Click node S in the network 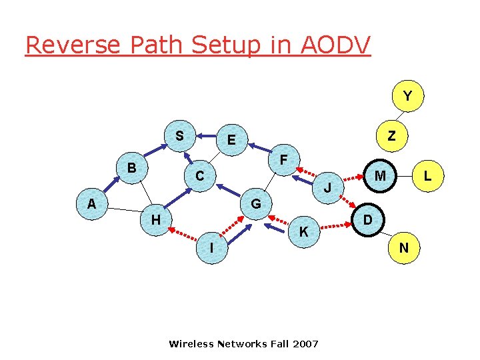click(x=179, y=136)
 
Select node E click(x=231, y=140)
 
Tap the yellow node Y click(x=407, y=97)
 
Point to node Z click(x=391, y=136)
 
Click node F click(x=283, y=161)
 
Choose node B click(x=132, y=168)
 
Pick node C click(x=199, y=177)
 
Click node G click(x=255, y=203)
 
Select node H click(x=155, y=219)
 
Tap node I click(x=211, y=247)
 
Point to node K click(x=303, y=232)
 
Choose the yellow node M click(x=380, y=175)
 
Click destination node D click(x=367, y=219)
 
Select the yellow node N click(x=403, y=248)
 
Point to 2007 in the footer click(x=305, y=344)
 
